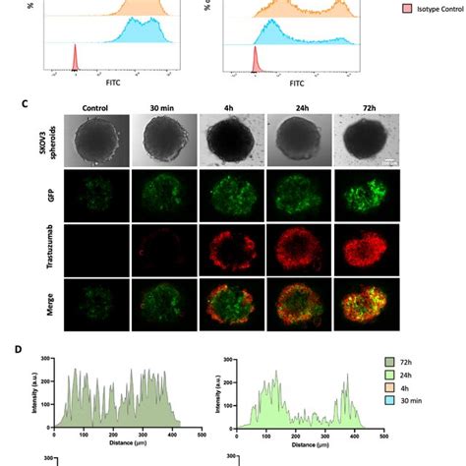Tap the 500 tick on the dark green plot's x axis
pos(202,435)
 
